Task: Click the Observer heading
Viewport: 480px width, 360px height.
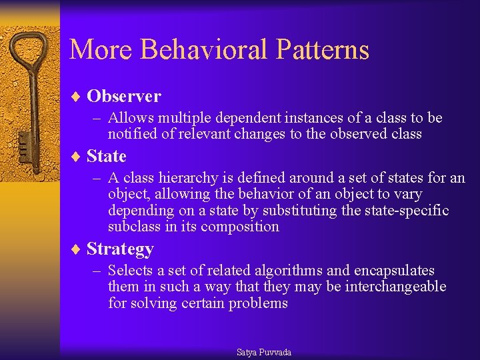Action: [x=124, y=96]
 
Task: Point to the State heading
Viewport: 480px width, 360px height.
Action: [x=107, y=156]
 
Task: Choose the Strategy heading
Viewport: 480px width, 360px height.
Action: [x=120, y=249]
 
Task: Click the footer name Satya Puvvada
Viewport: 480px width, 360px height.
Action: [x=264, y=352]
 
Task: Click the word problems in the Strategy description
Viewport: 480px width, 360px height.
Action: [x=258, y=303]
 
